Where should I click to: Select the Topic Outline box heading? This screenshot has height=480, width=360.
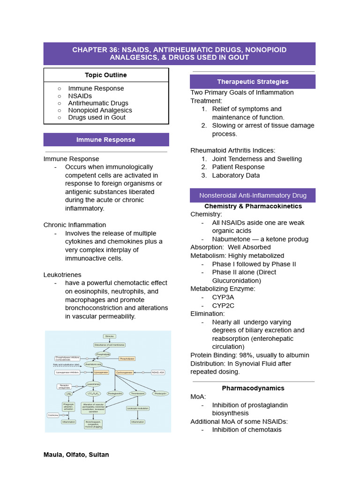click(x=106, y=75)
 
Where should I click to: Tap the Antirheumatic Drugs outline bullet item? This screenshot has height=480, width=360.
click(x=98, y=103)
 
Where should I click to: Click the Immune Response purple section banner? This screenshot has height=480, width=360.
click(x=106, y=140)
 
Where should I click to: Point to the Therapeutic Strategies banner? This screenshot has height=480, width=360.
click(x=253, y=82)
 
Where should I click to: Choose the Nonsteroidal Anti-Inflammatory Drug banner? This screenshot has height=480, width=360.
click(x=253, y=195)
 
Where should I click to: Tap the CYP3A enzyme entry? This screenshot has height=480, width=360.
click(x=223, y=297)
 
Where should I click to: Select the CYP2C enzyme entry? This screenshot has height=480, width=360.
click(x=223, y=306)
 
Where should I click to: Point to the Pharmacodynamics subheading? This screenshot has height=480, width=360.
click(x=253, y=388)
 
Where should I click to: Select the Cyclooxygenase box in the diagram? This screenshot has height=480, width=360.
click(x=124, y=372)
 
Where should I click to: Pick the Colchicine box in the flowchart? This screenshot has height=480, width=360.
click(x=53, y=415)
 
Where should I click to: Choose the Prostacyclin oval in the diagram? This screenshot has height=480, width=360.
click(x=160, y=393)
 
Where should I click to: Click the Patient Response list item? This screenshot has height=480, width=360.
click(x=238, y=167)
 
